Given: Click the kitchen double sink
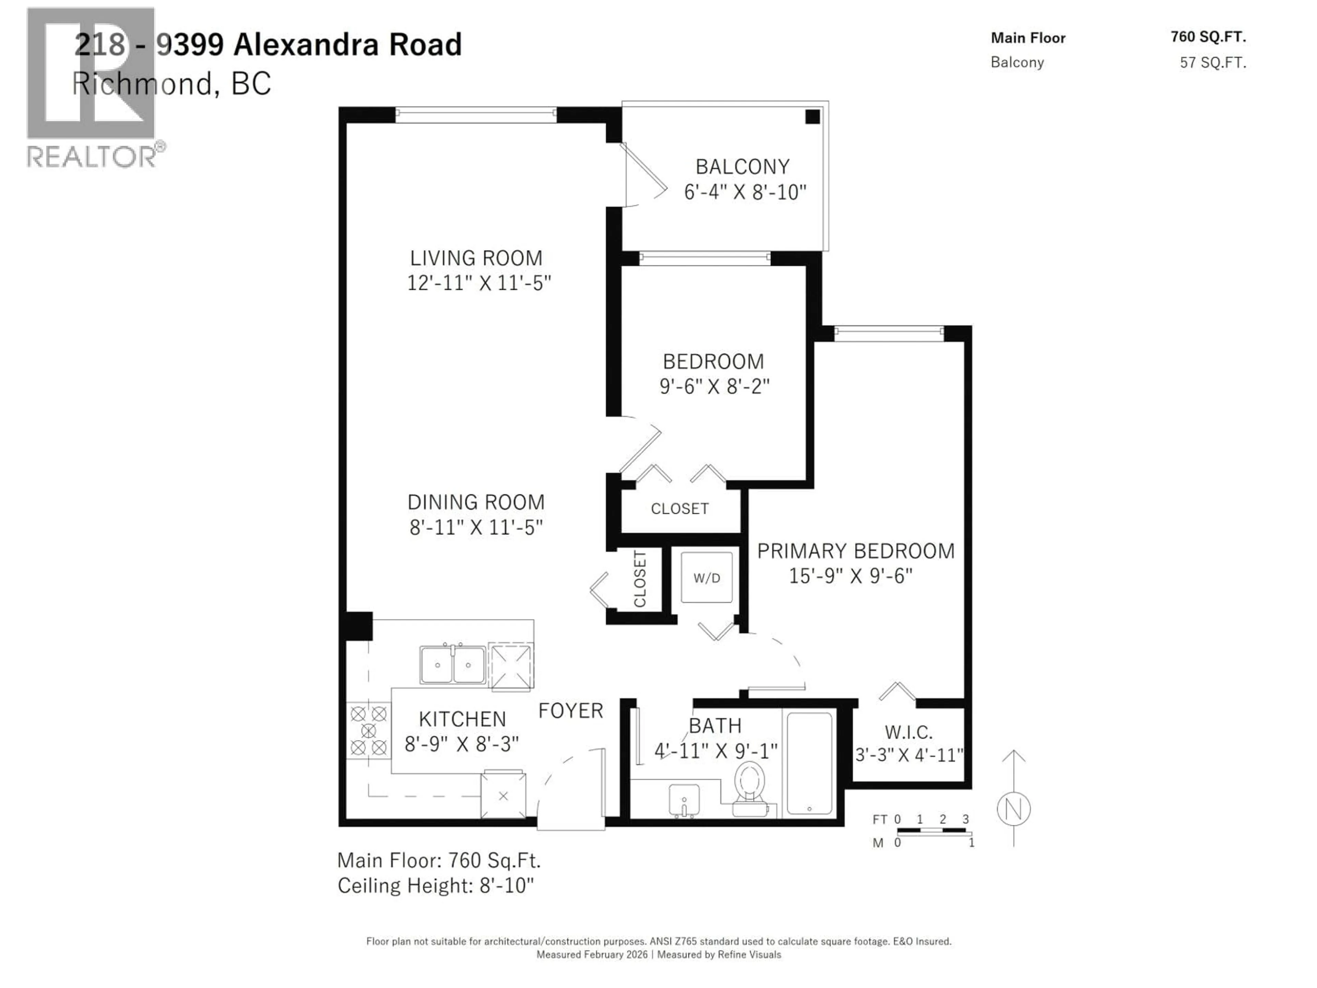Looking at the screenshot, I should [x=452, y=664].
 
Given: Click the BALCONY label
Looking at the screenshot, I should [x=743, y=167].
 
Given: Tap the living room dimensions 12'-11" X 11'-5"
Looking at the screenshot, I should [x=479, y=283].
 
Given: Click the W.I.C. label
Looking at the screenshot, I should [x=908, y=732].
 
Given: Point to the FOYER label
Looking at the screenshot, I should [x=570, y=710].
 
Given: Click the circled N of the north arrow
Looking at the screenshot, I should [x=1013, y=809].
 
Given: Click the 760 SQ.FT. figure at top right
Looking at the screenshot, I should [x=1208, y=37].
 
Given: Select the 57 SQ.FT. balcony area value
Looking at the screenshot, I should [x=1213, y=62].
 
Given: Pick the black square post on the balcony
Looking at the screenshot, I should [x=812, y=117].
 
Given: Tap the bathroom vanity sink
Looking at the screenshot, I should [x=684, y=800].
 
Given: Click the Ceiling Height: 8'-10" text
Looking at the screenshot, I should [x=436, y=885].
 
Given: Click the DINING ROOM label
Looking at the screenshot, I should [x=476, y=502].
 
